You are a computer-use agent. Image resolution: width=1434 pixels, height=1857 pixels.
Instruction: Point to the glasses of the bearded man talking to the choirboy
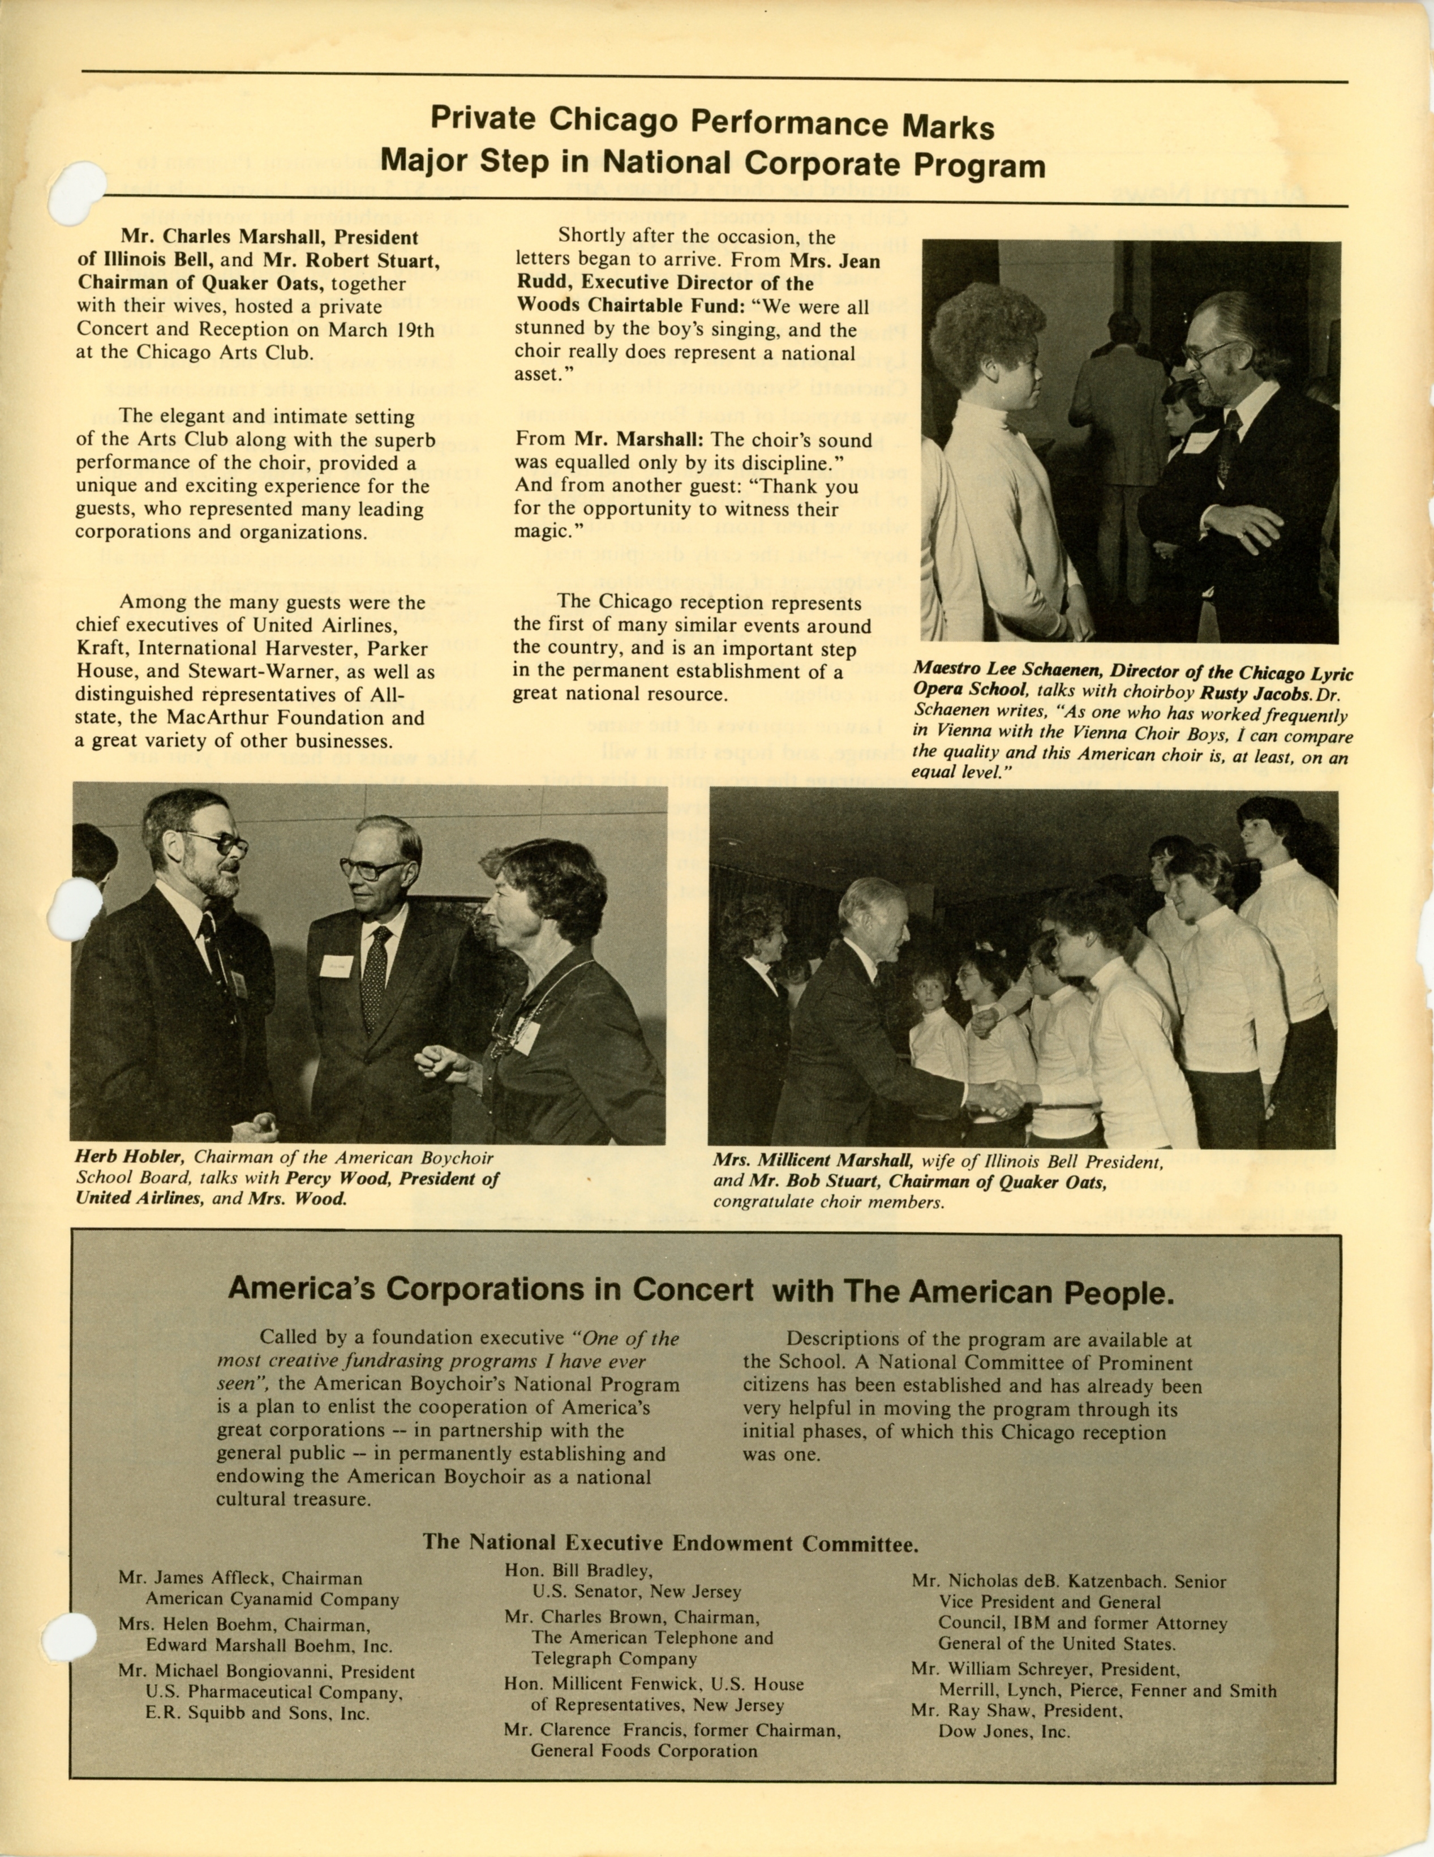(1210, 351)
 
